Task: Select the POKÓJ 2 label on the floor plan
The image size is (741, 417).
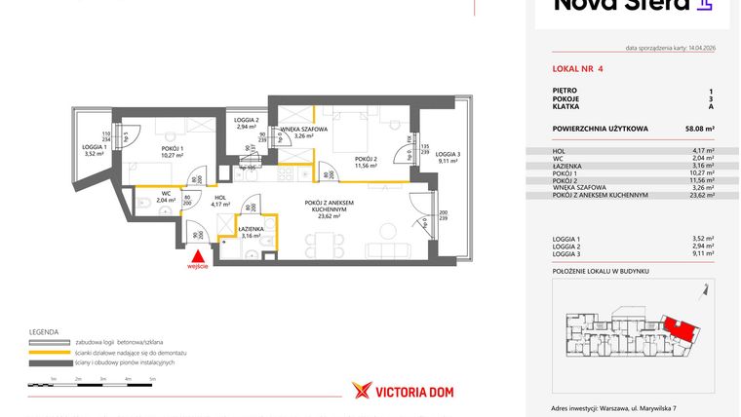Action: (366, 161)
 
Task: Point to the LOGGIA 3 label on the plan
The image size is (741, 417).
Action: (447, 156)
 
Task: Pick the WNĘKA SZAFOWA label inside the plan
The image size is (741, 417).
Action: (303, 130)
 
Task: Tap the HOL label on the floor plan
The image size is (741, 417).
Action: (220, 199)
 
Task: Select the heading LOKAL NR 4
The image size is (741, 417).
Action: (577, 69)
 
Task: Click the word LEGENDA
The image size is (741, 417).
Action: (45, 332)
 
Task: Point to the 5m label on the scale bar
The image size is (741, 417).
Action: (152, 377)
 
